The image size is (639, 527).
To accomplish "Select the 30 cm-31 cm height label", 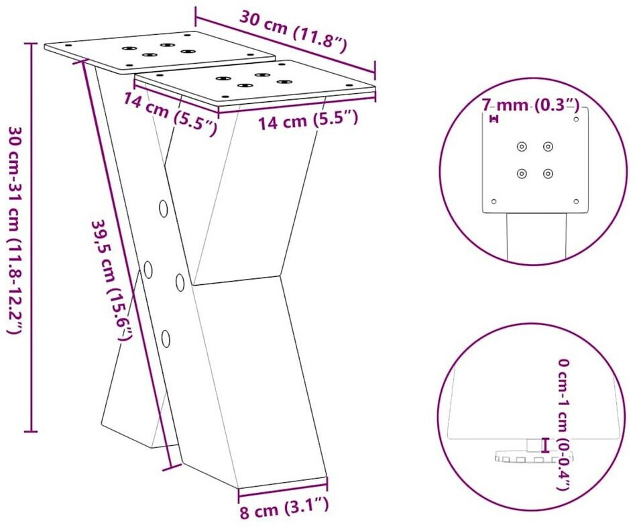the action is [14, 230].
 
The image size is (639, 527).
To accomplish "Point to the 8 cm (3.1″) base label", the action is [284, 509].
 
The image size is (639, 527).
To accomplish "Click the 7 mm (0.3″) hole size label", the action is [530, 105].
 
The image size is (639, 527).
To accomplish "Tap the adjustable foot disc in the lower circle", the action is [534, 457].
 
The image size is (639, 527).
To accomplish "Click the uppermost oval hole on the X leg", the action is [164, 209].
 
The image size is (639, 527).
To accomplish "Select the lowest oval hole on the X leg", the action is [166, 339].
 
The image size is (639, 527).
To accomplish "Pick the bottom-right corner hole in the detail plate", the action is [576, 201].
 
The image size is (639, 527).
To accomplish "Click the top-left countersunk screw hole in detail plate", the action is [522, 146].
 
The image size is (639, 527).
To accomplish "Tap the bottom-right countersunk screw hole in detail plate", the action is [548, 174].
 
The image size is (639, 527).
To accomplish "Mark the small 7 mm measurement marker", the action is [494, 119].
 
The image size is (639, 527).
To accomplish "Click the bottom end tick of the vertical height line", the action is [31, 431].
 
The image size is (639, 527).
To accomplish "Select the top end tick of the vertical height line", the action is [31, 42].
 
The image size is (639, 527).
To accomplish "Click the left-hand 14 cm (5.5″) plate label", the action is [170, 113].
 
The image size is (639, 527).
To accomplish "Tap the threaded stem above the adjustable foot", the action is [533, 445].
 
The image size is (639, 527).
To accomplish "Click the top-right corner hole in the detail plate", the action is [576, 119].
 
